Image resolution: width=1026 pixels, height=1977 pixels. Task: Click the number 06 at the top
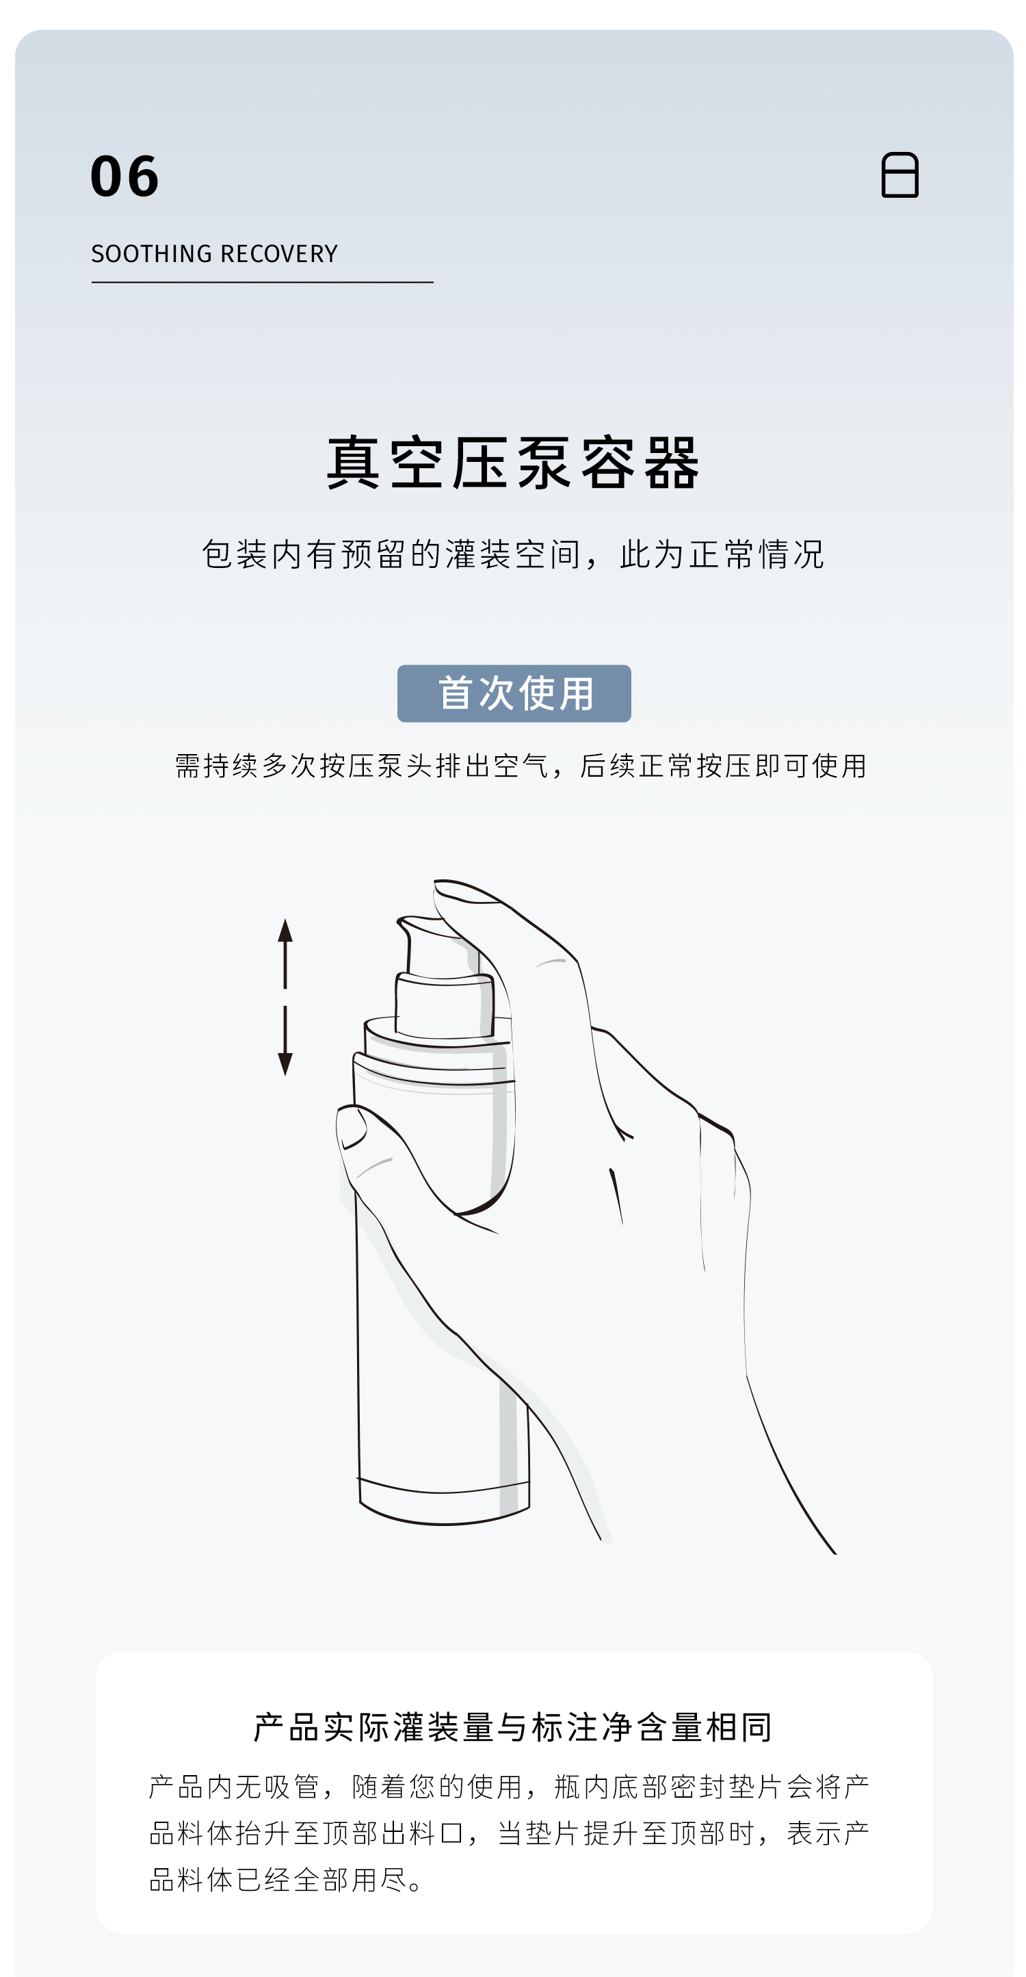click(124, 176)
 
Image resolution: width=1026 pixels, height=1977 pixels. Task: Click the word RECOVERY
click(279, 254)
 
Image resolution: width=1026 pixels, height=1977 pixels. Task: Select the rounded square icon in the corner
click(899, 175)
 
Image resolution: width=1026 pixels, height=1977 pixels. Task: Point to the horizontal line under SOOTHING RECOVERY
click(263, 283)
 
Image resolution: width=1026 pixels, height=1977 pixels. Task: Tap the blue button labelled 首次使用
click(514, 693)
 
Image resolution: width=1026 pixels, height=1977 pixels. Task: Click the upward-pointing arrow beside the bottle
click(285, 953)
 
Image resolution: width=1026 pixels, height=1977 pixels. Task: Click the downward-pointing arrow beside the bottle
click(285, 1041)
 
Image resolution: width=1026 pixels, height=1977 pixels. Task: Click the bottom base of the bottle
click(443, 1501)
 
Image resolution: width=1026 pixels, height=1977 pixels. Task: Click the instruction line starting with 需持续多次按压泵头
click(521, 766)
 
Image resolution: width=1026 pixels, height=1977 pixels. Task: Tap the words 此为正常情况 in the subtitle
click(722, 554)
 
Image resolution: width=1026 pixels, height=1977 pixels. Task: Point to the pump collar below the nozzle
click(445, 1005)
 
